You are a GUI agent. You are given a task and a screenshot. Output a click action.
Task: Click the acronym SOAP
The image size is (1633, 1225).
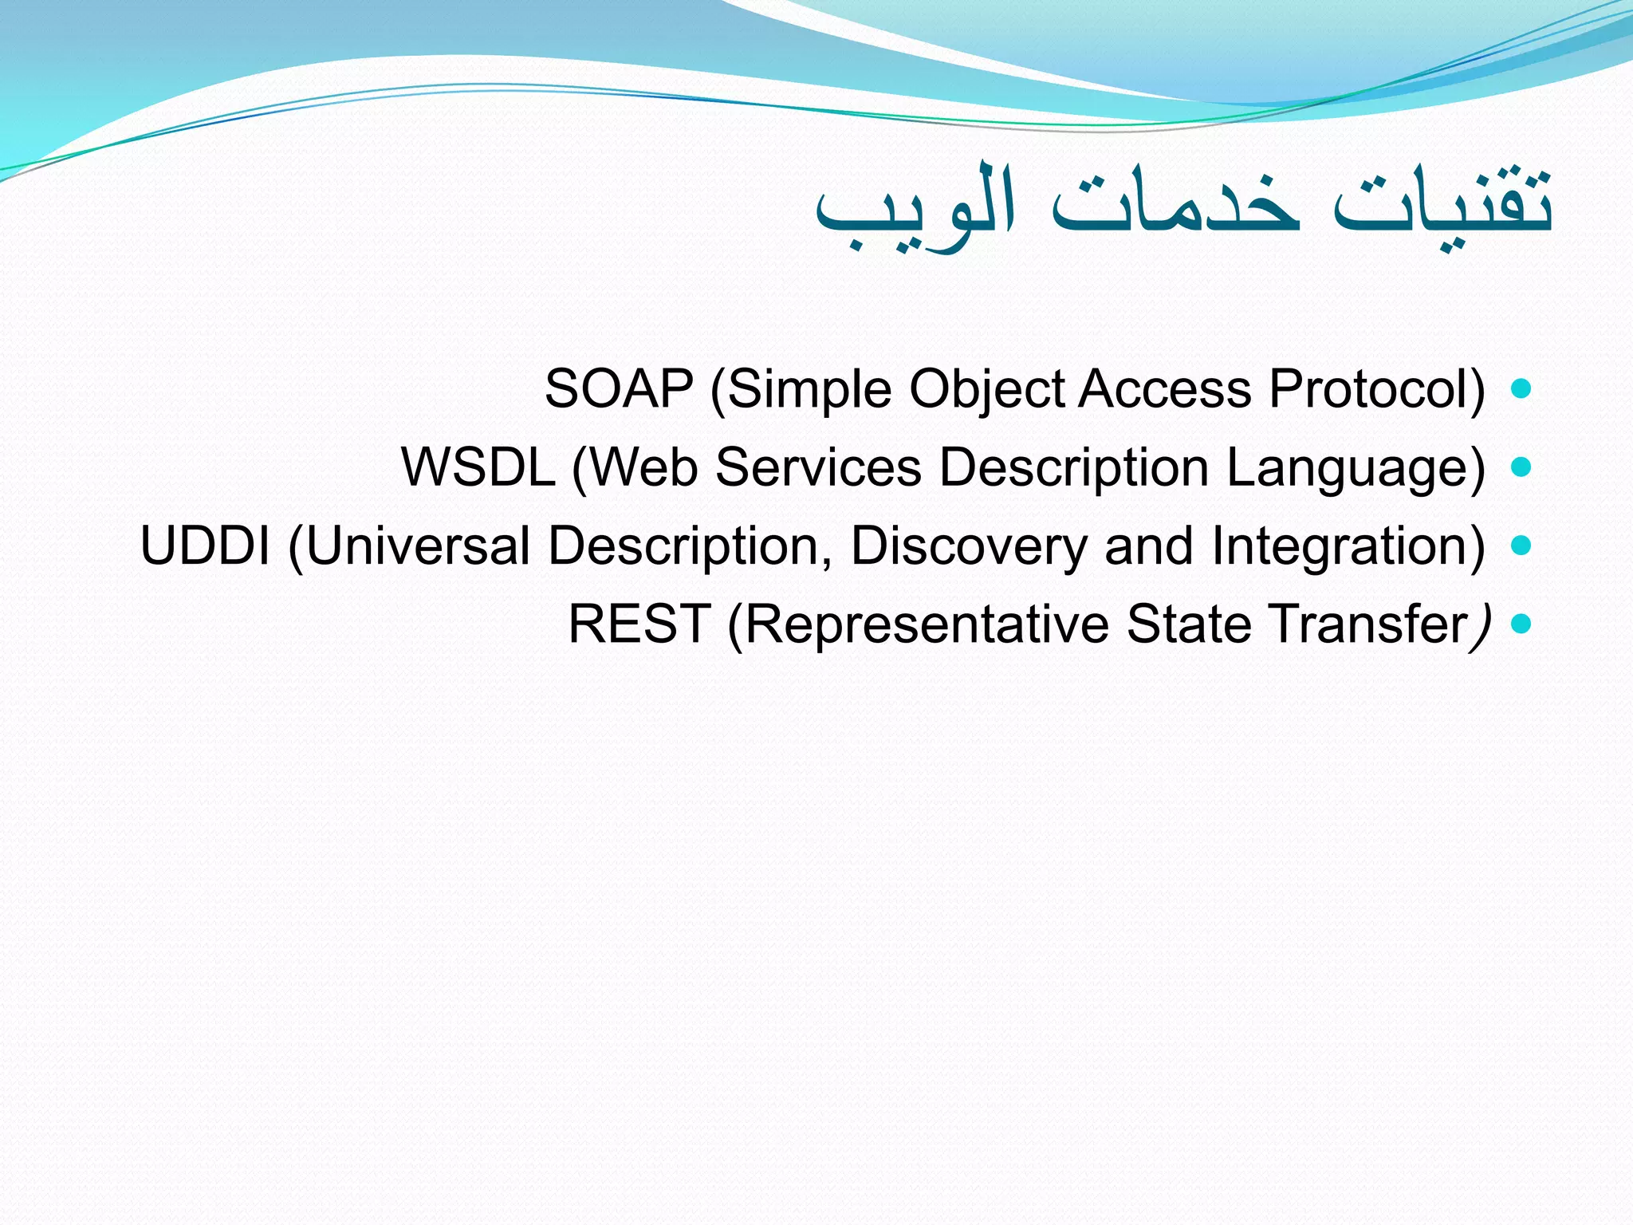tap(619, 389)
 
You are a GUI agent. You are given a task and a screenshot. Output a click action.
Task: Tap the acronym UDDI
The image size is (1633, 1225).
tap(205, 546)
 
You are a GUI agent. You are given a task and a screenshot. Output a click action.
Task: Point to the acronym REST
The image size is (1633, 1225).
tap(639, 624)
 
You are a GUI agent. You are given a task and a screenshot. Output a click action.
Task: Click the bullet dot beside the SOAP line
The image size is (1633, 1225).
tap(1521, 389)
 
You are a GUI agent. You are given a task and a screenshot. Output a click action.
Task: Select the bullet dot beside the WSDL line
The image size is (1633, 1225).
tap(1521, 467)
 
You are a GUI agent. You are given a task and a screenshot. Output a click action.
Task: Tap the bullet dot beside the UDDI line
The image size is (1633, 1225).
tap(1521, 546)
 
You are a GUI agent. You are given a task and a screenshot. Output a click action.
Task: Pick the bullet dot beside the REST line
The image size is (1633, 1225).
tap(1521, 624)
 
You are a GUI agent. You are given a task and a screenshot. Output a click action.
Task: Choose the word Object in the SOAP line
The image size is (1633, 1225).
tap(987, 391)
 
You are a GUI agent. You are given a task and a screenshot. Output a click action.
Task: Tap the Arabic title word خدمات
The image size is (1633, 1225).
tap(1175, 204)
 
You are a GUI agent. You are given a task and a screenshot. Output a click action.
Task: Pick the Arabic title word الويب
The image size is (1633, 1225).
tap(915, 207)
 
